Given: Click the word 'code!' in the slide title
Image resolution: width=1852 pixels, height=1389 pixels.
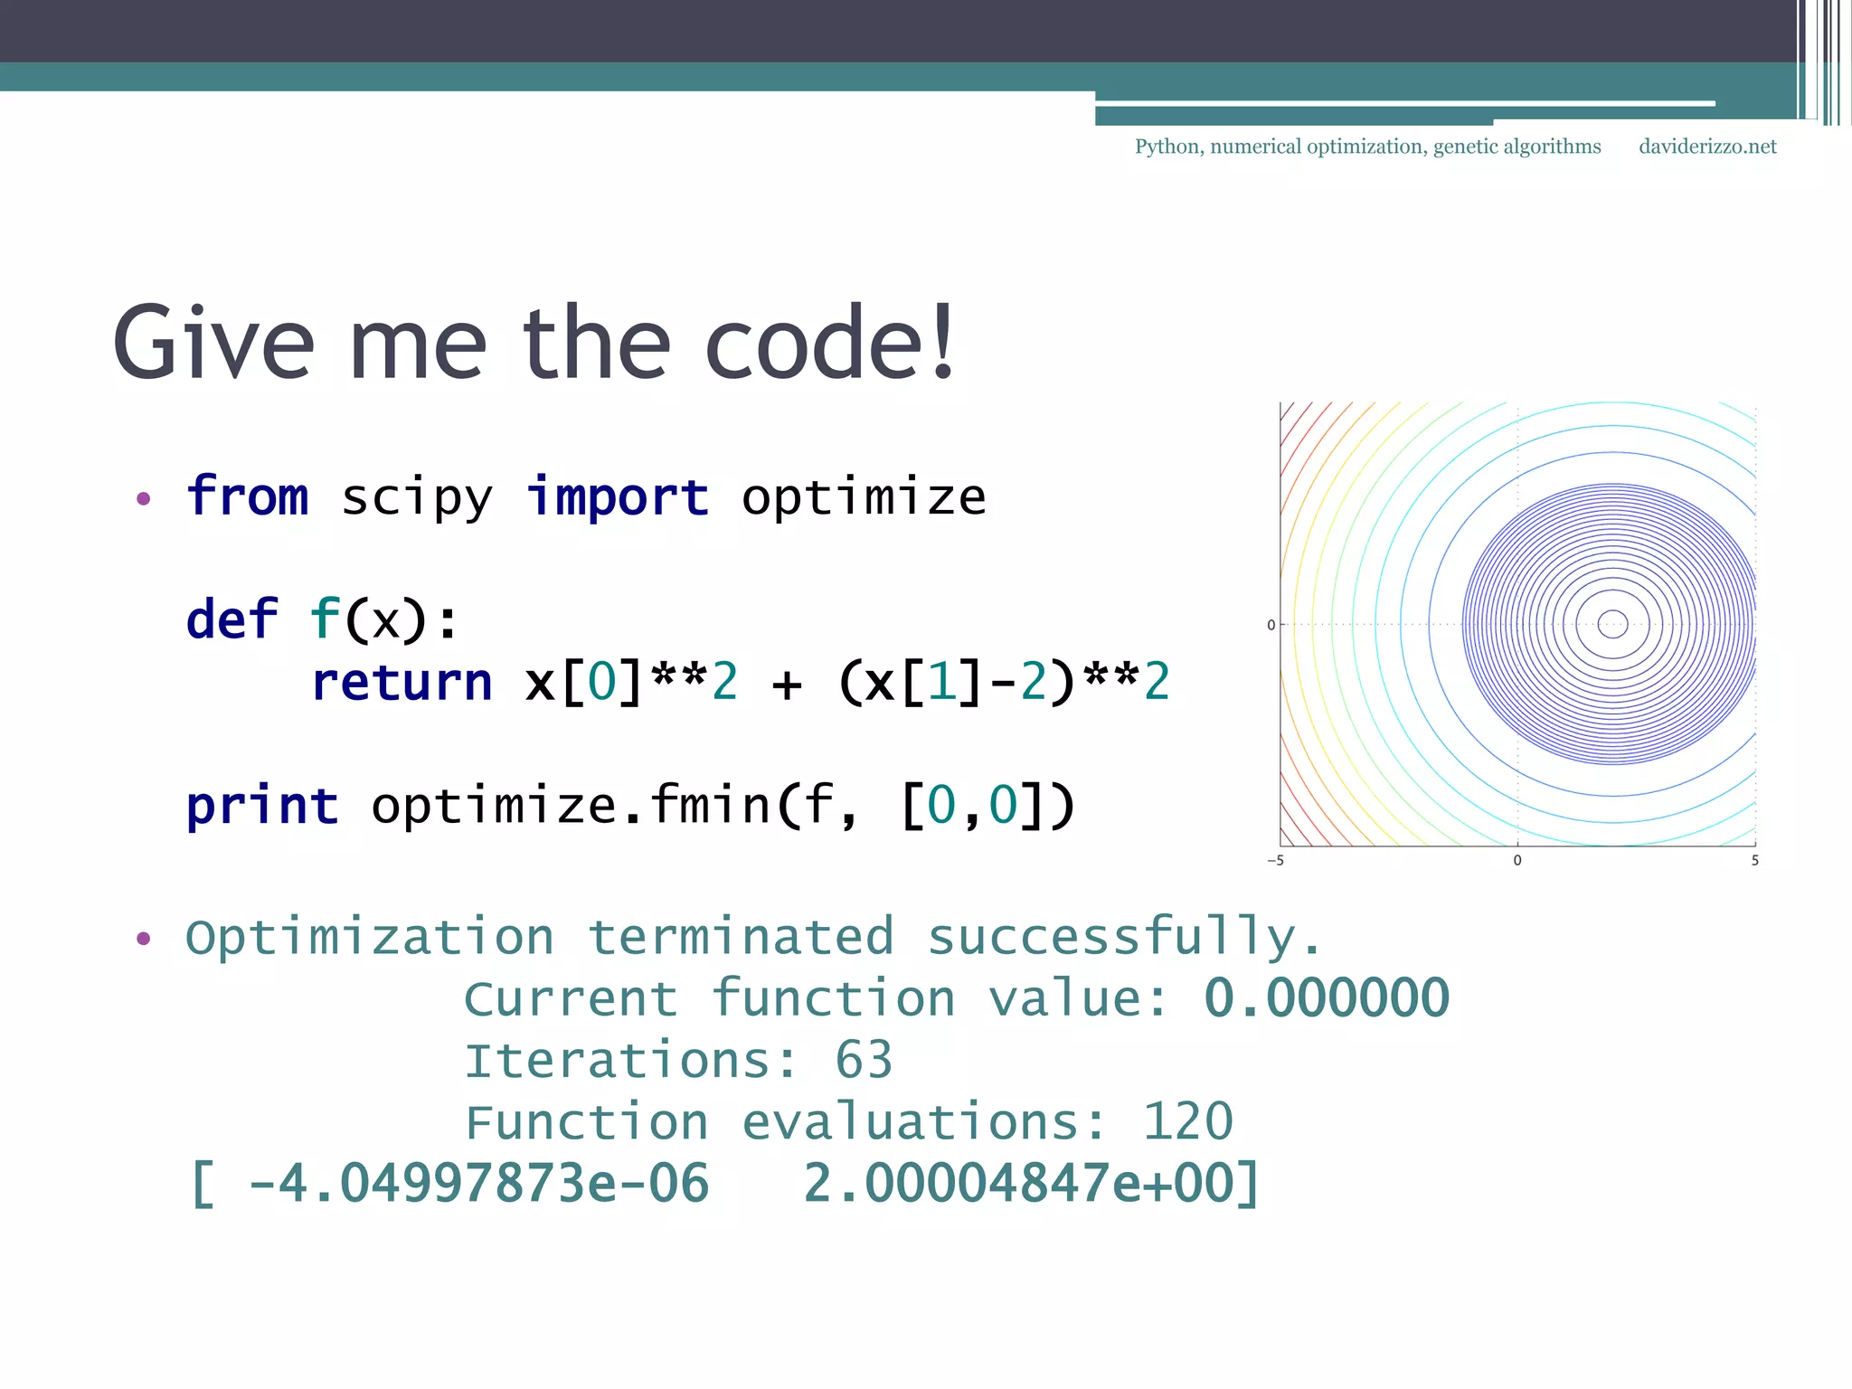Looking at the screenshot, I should tap(829, 345).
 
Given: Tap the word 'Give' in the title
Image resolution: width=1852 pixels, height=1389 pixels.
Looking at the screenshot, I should tap(213, 345).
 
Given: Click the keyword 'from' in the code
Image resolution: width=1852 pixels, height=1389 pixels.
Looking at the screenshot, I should tap(248, 497).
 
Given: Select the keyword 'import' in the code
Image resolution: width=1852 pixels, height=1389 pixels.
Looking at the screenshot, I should tap(618, 497).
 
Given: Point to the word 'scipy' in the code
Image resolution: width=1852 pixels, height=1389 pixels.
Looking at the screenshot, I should tap(417, 499).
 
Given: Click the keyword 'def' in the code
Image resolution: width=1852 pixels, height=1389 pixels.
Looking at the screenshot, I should tap(231, 620).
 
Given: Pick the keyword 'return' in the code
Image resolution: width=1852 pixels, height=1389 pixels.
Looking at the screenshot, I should tap(402, 683).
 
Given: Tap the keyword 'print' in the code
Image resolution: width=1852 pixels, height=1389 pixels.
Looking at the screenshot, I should tap(262, 806).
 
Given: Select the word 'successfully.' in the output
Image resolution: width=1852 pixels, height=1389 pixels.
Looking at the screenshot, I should tap(1124, 938).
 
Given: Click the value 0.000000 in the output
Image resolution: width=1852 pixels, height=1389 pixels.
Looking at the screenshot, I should tap(1327, 998).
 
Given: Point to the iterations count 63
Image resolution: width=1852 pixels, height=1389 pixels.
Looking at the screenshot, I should tap(864, 1060).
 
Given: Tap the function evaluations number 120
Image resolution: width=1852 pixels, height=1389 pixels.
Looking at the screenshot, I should tap(1187, 1122).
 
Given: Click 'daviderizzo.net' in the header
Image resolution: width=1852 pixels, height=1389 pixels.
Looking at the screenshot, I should tap(1707, 146).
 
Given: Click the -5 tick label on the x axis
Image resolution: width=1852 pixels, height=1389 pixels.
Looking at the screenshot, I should tap(1275, 861).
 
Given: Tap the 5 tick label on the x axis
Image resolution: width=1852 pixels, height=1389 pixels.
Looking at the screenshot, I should tap(1754, 861).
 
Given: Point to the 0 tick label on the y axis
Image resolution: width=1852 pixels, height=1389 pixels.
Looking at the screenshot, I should tap(1271, 625).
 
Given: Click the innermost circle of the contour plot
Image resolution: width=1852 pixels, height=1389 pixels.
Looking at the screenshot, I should tap(1613, 624).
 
